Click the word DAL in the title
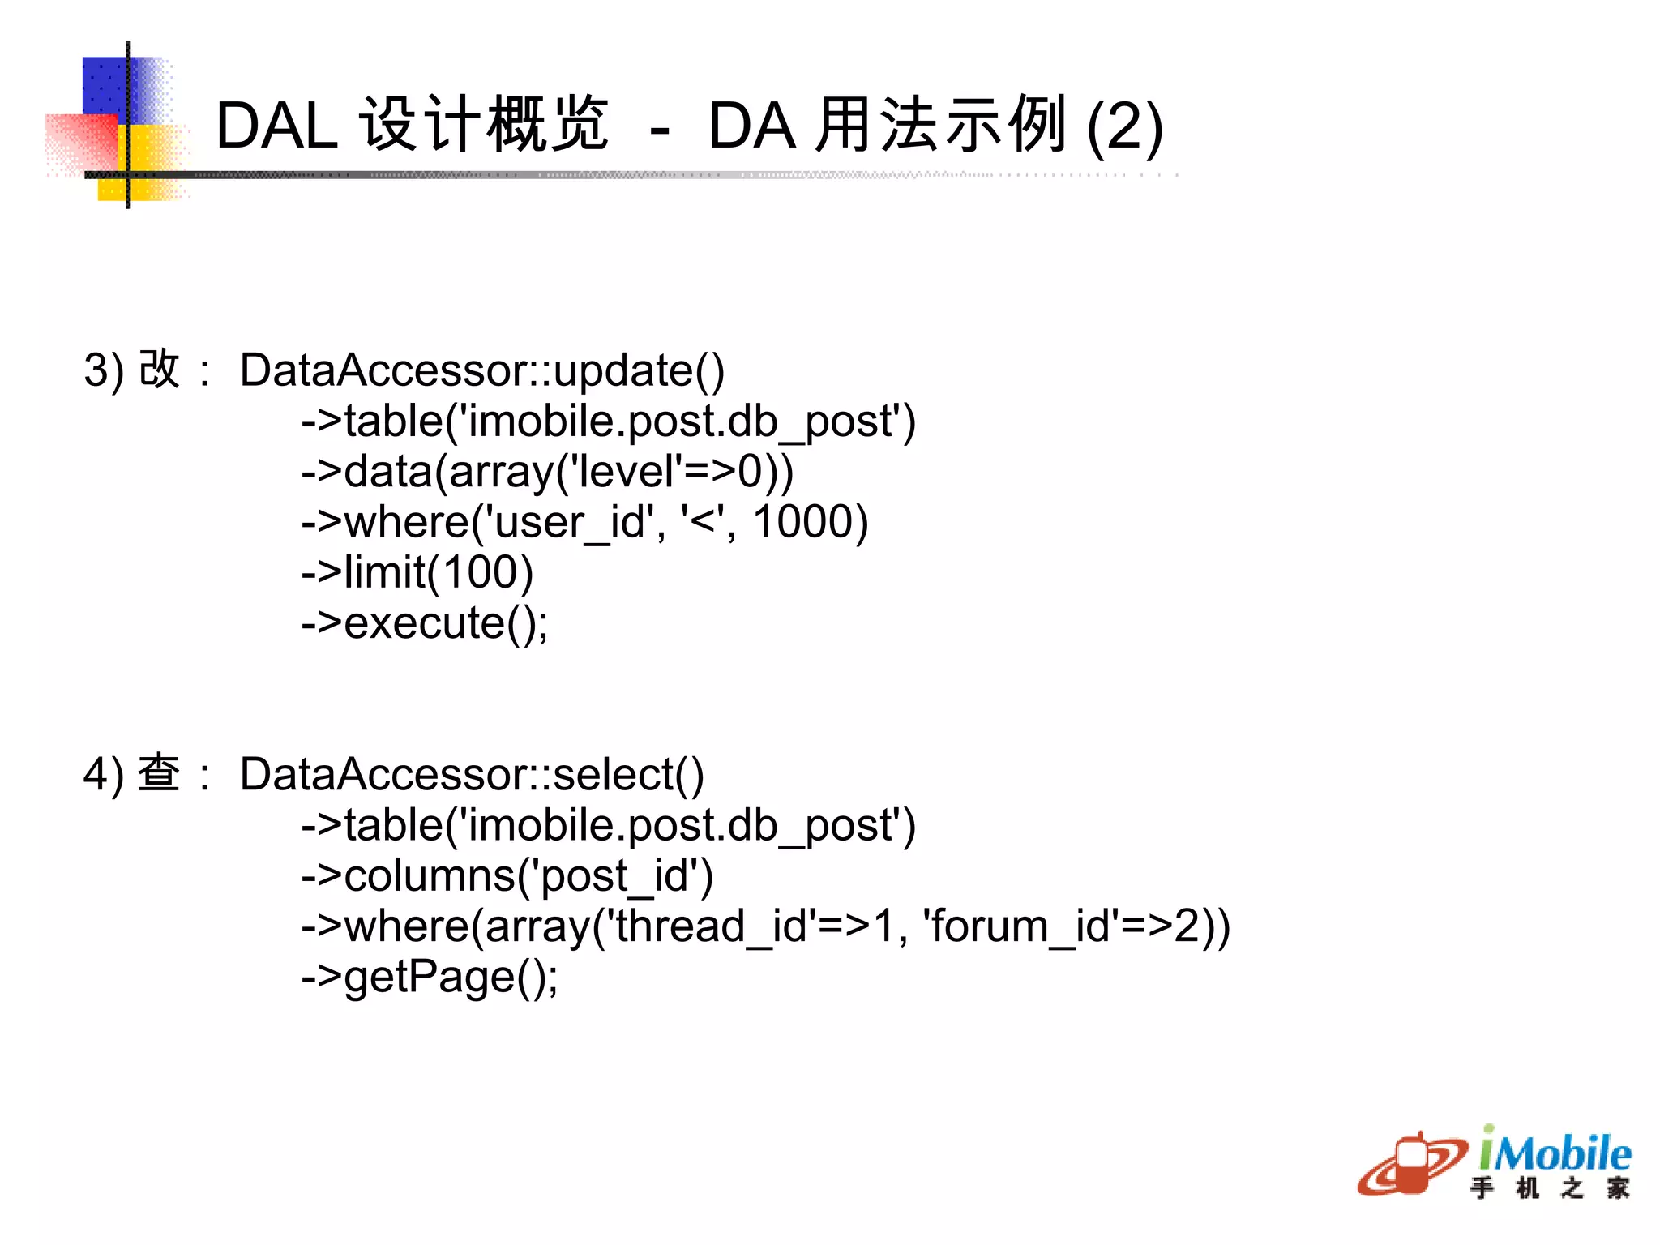pyautogui.click(x=276, y=126)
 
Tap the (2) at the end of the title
pyautogui.click(x=1124, y=128)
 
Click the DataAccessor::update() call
pyautogui.click(x=482, y=370)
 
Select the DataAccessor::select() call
pyautogui.click(x=472, y=774)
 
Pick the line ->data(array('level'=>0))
pyautogui.click(x=547, y=472)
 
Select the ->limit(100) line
pyautogui.click(x=417, y=572)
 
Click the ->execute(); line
pyautogui.click(x=425, y=623)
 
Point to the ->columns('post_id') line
pyautogui.click(x=507, y=876)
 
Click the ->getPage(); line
pyautogui.click(x=430, y=977)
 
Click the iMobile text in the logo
pyautogui.click(x=1555, y=1152)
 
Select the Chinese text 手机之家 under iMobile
pyautogui.click(x=1549, y=1188)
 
